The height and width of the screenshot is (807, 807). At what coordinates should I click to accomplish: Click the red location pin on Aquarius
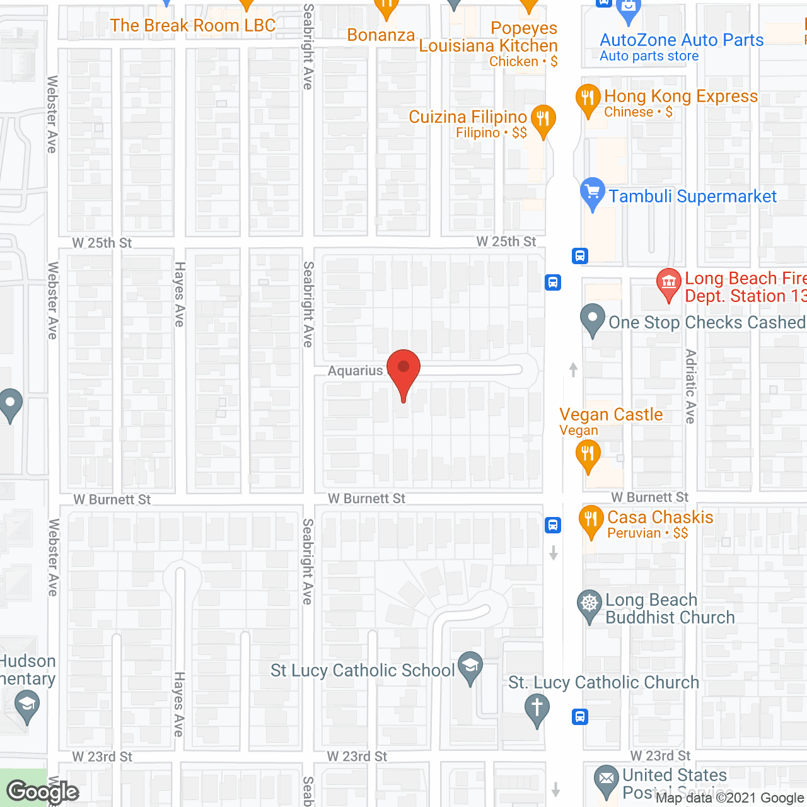(x=403, y=371)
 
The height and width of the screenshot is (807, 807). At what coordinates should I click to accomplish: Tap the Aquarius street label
(x=355, y=371)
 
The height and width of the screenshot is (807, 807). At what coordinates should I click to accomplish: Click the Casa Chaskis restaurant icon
(x=591, y=521)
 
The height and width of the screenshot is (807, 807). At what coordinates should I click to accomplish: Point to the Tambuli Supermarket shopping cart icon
(x=592, y=192)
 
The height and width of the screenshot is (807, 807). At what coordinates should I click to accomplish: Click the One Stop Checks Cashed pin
(x=592, y=319)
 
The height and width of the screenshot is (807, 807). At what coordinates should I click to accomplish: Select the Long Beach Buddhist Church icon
(x=589, y=605)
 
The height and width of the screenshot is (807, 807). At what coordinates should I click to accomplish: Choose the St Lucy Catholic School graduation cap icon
(x=470, y=667)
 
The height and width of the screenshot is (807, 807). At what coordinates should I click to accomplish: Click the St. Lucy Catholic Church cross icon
(x=537, y=708)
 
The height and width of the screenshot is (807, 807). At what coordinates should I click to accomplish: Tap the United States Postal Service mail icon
(x=607, y=779)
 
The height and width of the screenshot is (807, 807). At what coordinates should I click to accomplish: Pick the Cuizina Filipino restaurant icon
(x=543, y=119)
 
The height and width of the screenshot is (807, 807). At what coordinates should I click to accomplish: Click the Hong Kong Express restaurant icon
(x=588, y=99)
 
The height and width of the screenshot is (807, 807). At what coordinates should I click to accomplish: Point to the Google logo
(x=43, y=792)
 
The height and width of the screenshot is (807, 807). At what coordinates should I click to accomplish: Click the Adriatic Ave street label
(x=691, y=386)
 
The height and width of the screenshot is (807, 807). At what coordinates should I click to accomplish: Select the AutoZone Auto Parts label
(x=682, y=40)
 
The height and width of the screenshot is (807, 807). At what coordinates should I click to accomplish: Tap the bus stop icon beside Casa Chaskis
(x=553, y=525)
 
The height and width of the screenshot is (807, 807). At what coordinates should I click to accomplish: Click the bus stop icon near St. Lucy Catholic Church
(x=580, y=717)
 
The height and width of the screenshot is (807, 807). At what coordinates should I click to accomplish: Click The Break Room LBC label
(x=193, y=26)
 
